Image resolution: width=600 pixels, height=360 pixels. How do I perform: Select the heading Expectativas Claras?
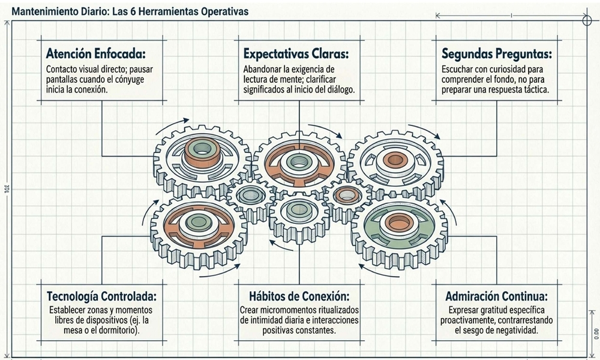295,52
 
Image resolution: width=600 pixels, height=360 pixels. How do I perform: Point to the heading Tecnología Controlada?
101,296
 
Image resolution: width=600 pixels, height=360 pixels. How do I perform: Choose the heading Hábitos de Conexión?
299,296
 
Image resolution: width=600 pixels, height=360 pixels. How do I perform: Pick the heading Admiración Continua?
496,296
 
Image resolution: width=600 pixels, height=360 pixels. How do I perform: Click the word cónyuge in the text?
139,79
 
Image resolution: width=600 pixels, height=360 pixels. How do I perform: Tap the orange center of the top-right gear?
394,159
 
